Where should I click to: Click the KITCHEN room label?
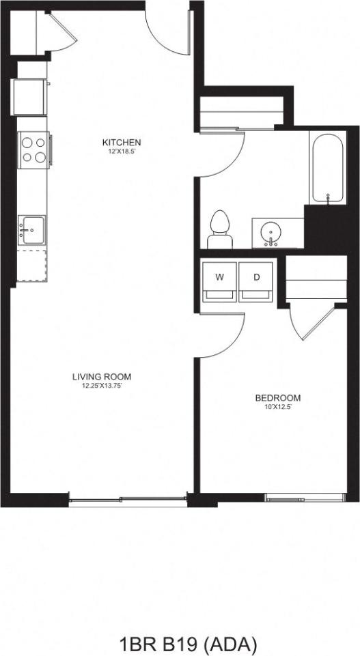point(122,142)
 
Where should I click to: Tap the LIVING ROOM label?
point(102,376)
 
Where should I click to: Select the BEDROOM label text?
point(277,398)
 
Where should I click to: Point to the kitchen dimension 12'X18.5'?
point(122,152)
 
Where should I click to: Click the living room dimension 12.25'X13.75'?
point(102,386)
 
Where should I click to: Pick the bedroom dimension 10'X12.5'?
point(277,408)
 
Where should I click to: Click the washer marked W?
point(219,280)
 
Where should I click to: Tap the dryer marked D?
point(256,280)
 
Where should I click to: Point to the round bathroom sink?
point(272,233)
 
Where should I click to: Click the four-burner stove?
point(33,149)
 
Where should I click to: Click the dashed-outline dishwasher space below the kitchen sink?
point(31,265)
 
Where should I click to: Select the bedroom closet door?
point(311,321)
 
